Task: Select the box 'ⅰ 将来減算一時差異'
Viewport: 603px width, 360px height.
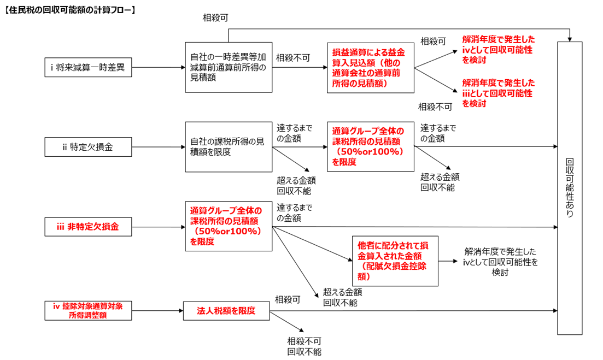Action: click(88, 68)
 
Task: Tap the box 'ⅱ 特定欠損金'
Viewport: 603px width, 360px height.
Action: click(88, 146)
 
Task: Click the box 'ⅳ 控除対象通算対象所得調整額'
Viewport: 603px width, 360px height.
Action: click(88, 310)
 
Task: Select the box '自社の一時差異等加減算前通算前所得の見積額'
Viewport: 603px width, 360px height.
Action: click(228, 67)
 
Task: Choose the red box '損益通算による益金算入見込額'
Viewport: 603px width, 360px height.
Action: click(370, 67)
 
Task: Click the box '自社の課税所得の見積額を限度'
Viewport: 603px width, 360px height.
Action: click(228, 146)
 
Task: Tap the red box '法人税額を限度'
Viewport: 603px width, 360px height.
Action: click(227, 311)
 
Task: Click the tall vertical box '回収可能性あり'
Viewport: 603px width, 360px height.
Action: click(570, 188)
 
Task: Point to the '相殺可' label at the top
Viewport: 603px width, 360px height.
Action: click(215, 18)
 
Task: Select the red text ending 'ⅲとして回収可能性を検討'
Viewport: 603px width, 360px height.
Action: click(497, 93)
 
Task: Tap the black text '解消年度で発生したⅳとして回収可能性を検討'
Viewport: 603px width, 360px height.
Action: click(500, 261)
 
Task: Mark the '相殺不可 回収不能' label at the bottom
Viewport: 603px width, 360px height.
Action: click(304, 346)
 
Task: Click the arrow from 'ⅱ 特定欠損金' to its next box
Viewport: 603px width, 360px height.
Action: click(158, 146)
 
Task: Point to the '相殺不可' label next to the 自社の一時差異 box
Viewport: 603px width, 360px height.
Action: click(292, 57)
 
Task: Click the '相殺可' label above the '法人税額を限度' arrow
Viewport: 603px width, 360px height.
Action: click(288, 299)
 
